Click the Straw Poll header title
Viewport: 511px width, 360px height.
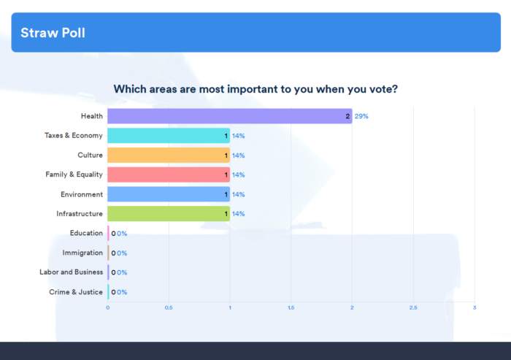pos(53,33)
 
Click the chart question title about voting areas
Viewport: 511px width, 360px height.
pos(255,89)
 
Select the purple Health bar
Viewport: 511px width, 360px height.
pos(229,116)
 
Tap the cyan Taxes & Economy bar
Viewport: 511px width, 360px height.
pos(168,136)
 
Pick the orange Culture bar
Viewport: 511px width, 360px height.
pos(168,156)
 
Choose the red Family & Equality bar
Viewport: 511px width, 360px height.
pos(168,175)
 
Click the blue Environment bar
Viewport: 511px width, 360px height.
pos(168,194)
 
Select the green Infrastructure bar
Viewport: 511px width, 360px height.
pos(168,214)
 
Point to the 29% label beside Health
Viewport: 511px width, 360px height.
pos(361,116)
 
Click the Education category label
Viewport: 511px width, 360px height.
pos(86,233)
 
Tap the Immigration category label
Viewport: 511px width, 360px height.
pos(82,253)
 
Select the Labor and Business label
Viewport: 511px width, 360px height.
pos(71,272)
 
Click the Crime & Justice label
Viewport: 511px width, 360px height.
pos(76,291)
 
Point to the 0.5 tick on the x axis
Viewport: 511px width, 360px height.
pos(169,307)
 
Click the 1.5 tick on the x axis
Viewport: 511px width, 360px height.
pos(291,307)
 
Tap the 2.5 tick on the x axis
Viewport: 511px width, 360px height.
pos(413,307)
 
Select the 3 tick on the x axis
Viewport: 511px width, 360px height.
pos(474,307)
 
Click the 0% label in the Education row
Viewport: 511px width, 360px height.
pos(122,234)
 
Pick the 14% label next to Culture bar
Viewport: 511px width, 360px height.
pos(238,156)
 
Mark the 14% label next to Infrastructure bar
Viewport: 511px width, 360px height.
pos(238,214)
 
